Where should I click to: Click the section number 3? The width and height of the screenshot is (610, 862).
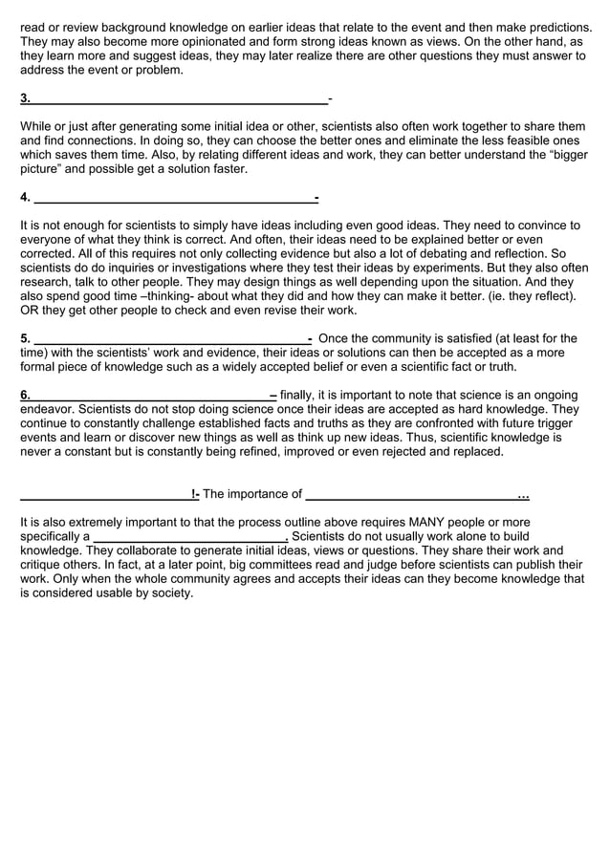[x=25, y=97]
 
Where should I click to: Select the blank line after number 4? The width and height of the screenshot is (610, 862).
[x=174, y=199]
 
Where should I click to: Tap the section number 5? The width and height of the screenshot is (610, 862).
[x=25, y=338]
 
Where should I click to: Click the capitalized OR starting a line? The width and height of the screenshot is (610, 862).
[x=31, y=311]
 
